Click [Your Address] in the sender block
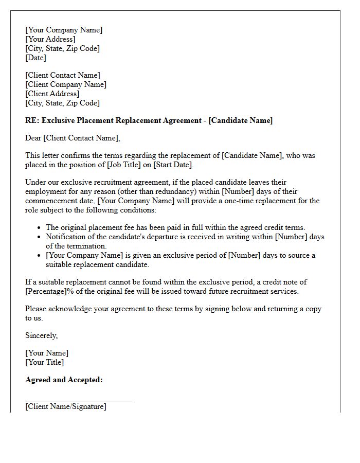[50, 39]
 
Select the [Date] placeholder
[35, 58]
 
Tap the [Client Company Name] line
[66, 84]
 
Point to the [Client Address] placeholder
[52, 94]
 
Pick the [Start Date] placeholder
[172, 165]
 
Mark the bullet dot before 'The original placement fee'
[40, 227]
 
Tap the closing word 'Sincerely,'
[42, 335]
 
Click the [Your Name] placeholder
[47, 353]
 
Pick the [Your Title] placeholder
[45, 362]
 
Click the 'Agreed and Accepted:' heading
[64, 380]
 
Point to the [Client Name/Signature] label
[66, 406]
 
